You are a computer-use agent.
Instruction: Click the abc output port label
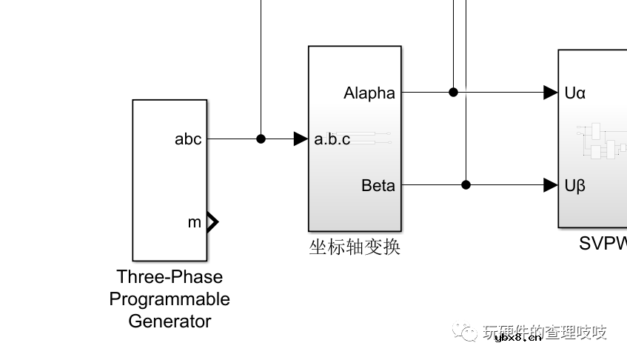tap(188, 139)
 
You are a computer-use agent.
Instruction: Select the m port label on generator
tap(194, 222)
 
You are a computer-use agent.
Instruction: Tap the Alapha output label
tap(369, 93)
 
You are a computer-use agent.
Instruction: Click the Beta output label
tap(378, 185)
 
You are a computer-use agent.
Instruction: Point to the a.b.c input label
tap(332, 139)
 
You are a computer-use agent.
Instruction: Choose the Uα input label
tap(575, 93)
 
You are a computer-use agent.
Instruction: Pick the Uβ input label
tap(575, 185)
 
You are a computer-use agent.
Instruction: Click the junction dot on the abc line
tap(261, 139)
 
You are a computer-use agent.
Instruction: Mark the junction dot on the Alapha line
tap(454, 93)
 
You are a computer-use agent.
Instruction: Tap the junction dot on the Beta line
tap(466, 184)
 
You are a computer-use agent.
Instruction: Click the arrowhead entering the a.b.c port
tap(301, 139)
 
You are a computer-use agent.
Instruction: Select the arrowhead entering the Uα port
tap(550, 93)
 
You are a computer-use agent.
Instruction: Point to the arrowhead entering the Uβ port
tap(550, 184)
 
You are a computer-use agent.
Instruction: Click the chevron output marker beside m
tap(212, 221)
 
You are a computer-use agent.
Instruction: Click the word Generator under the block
tap(170, 321)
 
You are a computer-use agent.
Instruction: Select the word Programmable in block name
tap(170, 299)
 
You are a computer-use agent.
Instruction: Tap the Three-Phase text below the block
tap(170, 276)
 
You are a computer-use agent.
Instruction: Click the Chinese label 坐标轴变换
tap(355, 247)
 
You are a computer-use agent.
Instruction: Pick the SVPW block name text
tap(603, 244)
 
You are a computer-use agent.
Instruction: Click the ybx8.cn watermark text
tap(517, 337)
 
